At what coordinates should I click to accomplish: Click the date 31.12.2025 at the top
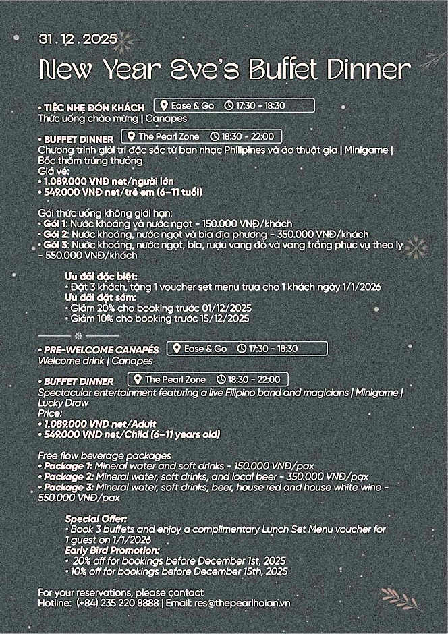tap(78, 39)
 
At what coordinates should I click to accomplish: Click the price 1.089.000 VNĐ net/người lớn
tap(106, 181)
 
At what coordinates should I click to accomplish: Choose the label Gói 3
tap(54, 244)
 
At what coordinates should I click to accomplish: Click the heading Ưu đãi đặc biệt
tap(101, 277)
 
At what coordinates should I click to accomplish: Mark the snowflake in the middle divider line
tap(78, 335)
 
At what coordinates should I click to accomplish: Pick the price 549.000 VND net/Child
tap(129, 435)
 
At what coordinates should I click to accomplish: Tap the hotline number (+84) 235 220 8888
tap(118, 603)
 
